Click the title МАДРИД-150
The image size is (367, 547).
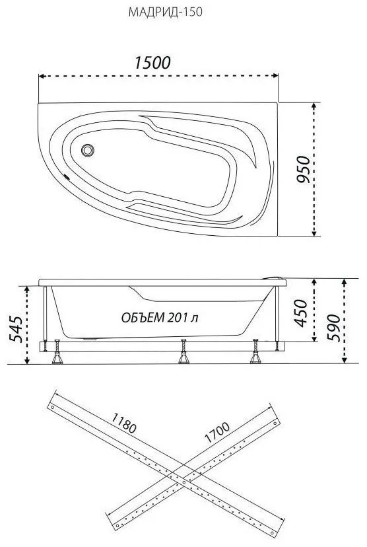[x=165, y=13]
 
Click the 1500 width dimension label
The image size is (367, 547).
[x=152, y=63]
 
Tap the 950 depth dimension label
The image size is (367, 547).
[x=303, y=170]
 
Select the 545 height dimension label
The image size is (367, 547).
[x=15, y=329]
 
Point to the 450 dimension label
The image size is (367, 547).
[x=301, y=313]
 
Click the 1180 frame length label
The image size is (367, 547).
[x=123, y=423]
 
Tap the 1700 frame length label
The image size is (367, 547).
[x=217, y=433]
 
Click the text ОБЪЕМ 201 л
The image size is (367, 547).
[x=160, y=318]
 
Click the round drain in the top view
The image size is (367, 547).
[x=88, y=151]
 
